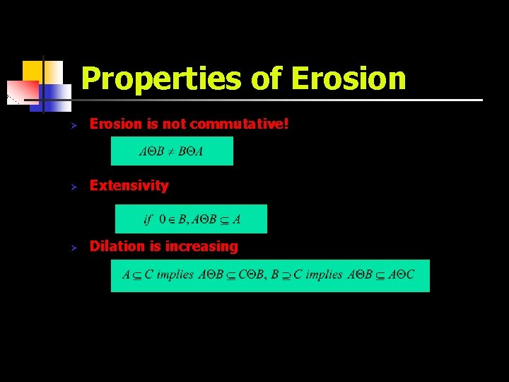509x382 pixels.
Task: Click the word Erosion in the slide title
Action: (348, 79)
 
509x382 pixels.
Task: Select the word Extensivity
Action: (129, 185)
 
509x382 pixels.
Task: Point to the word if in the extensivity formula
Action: (148, 219)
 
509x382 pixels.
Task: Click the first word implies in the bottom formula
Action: (175, 275)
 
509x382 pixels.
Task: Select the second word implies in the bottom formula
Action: (324, 275)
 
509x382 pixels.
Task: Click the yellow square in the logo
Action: (33, 71)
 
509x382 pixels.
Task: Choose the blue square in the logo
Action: (58, 93)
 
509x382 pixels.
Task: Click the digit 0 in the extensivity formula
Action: (163, 219)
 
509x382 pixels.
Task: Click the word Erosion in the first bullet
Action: (116, 125)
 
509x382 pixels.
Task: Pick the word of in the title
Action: (267, 79)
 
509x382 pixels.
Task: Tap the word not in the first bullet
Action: (174, 125)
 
